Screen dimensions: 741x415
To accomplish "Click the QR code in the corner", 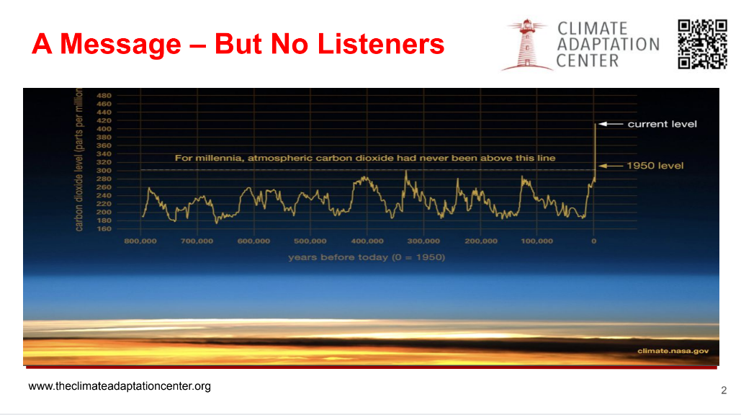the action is pyautogui.click(x=702, y=44).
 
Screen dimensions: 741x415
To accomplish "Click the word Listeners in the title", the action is pyautogui.click(x=381, y=44).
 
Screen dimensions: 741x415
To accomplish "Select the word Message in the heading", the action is pyautogui.click(x=120, y=45).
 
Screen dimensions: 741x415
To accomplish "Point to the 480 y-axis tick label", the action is pyautogui.click(x=104, y=96).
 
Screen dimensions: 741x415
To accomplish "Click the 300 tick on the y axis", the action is pyautogui.click(x=104, y=171).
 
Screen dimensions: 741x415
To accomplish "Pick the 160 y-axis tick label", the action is pyautogui.click(x=104, y=229).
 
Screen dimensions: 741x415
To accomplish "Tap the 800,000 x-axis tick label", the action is pyautogui.click(x=140, y=241).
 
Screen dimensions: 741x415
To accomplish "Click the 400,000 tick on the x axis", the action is pyautogui.click(x=367, y=241).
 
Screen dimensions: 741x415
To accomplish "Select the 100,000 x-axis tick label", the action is pyautogui.click(x=537, y=241).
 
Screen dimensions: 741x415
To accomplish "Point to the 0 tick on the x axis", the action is pyautogui.click(x=594, y=241).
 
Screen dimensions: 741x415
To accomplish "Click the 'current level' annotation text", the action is pyautogui.click(x=662, y=125).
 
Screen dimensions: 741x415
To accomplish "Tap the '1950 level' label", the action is pyautogui.click(x=655, y=166).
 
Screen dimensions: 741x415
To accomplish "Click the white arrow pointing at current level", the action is pyautogui.click(x=611, y=125).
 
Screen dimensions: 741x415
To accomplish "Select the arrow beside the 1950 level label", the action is pyautogui.click(x=611, y=166).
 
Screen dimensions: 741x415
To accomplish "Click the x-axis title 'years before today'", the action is pyautogui.click(x=367, y=257).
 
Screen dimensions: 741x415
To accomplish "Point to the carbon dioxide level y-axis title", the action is pyautogui.click(x=79, y=160).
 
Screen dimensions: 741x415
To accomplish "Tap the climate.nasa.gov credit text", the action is pyautogui.click(x=673, y=351).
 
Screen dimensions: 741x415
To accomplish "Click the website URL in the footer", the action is pyautogui.click(x=120, y=386).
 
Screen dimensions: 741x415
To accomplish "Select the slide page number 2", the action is pyautogui.click(x=724, y=391).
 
